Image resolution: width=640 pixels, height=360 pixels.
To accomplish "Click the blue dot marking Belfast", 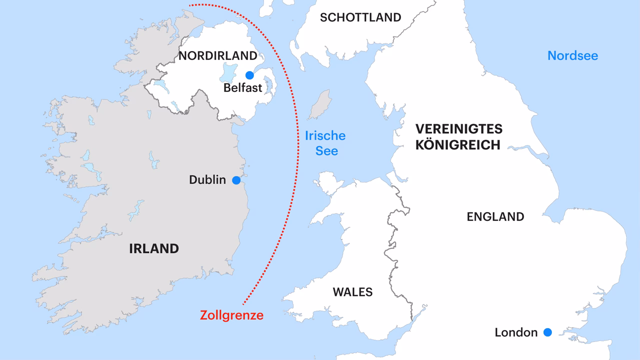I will click(x=249, y=75).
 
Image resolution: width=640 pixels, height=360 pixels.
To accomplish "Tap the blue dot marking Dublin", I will click(x=236, y=180).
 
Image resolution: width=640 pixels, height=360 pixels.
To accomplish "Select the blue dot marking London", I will click(x=547, y=332).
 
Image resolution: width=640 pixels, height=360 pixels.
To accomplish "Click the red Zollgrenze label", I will click(x=231, y=315).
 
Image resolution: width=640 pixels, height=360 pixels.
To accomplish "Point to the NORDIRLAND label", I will click(x=217, y=55).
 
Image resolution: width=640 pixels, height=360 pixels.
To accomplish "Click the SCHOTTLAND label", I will click(x=360, y=17).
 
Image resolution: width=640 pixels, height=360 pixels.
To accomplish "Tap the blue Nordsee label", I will click(x=572, y=55).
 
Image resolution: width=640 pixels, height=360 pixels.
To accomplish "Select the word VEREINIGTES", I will click(x=458, y=129).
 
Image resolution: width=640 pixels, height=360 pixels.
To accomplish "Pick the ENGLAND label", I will click(x=495, y=216).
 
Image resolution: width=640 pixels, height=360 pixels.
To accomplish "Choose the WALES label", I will click(x=352, y=292).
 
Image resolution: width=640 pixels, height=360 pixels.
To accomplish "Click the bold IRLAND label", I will click(x=154, y=248).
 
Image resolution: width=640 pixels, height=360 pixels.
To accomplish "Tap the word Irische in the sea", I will click(x=325, y=135).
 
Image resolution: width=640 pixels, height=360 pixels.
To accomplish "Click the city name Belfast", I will click(x=243, y=88).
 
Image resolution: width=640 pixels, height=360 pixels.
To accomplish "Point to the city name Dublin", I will click(x=207, y=180).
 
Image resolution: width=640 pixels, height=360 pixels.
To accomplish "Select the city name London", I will click(x=516, y=332).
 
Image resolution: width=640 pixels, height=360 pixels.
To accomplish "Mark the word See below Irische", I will click(x=326, y=150).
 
